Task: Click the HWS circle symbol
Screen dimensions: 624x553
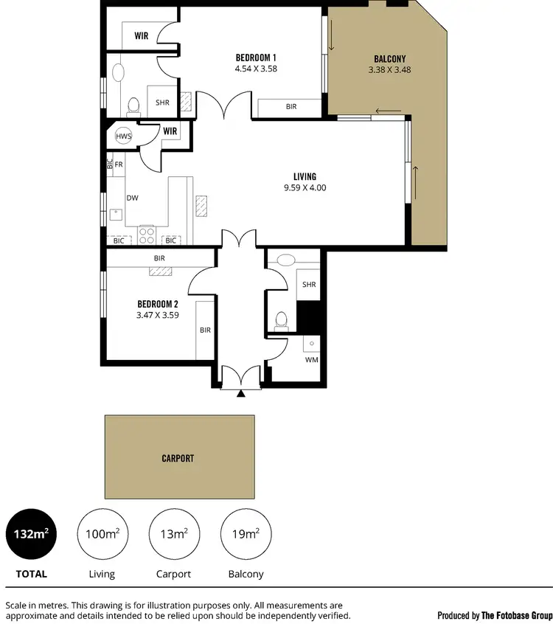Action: click(x=124, y=137)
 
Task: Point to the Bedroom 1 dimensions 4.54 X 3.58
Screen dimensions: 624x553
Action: click(x=256, y=69)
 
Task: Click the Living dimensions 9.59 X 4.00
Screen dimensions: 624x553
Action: click(x=305, y=187)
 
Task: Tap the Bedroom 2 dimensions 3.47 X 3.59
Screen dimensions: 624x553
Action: click(x=158, y=315)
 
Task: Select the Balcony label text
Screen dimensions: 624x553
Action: click(x=389, y=59)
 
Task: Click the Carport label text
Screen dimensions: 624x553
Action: click(x=178, y=458)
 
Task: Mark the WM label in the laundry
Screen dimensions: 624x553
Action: click(x=311, y=361)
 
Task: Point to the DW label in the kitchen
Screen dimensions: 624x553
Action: click(x=133, y=198)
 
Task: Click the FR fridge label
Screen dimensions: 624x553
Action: click(x=118, y=164)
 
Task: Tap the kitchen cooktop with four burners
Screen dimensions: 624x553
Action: click(x=146, y=235)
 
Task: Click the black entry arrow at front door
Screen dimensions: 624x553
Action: click(x=241, y=394)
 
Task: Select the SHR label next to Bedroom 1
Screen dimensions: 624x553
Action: click(x=162, y=103)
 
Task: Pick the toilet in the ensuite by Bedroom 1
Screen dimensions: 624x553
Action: click(x=133, y=107)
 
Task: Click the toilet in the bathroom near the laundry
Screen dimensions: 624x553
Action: click(x=279, y=320)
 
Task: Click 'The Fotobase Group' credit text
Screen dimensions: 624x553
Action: click(x=516, y=615)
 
